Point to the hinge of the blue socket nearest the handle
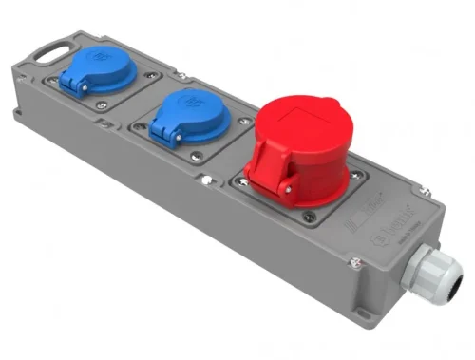tap(71, 86)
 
